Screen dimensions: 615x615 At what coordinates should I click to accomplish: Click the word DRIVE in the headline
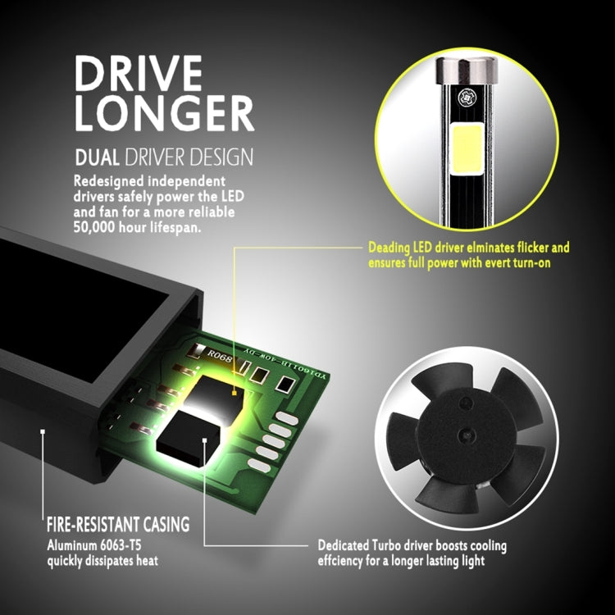click(x=139, y=73)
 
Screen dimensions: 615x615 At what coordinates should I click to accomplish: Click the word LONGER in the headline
click(x=164, y=113)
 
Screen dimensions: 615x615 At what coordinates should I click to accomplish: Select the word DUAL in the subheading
click(x=97, y=157)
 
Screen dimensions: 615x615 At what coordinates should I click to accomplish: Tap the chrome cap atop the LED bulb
click(x=467, y=71)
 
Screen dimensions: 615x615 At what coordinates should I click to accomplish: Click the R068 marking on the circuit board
click(x=220, y=356)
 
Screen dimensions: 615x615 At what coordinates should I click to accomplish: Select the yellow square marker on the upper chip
click(x=235, y=392)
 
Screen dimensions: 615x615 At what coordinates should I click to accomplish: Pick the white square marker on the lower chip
click(x=204, y=440)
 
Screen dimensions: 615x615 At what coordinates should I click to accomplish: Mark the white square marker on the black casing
click(x=43, y=431)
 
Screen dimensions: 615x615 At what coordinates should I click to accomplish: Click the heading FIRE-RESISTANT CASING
click(x=118, y=525)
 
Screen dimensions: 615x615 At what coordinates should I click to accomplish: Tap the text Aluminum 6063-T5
click(x=94, y=545)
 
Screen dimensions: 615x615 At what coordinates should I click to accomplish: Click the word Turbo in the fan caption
click(x=386, y=545)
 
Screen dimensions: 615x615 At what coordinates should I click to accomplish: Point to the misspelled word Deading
click(x=389, y=248)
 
